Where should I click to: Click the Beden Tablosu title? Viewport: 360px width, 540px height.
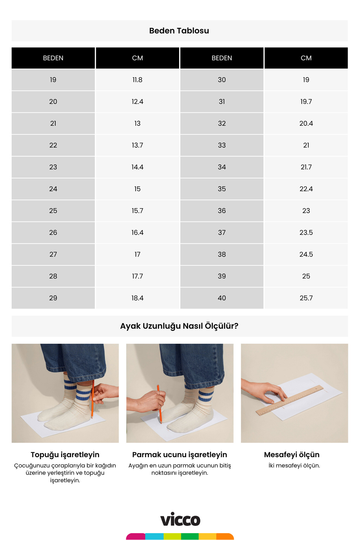click(x=179, y=31)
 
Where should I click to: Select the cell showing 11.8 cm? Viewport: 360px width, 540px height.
click(x=137, y=80)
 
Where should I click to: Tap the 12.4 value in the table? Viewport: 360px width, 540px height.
click(x=137, y=102)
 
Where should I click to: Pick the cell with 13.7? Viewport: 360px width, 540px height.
click(x=137, y=145)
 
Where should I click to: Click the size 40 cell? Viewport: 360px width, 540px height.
click(x=222, y=298)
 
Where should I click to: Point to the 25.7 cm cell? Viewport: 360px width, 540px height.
click(x=306, y=298)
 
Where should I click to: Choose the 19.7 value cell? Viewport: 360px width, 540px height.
click(x=306, y=102)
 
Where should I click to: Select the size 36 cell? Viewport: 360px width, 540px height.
click(x=222, y=211)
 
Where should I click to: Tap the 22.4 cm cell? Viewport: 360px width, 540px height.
click(x=306, y=189)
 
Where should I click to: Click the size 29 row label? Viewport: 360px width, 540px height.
click(x=53, y=298)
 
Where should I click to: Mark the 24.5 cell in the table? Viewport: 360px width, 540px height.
click(x=306, y=254)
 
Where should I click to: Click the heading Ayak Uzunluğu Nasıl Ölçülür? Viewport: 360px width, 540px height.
click(x=179, y=326)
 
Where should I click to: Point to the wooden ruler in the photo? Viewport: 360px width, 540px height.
click(x=289, y=400)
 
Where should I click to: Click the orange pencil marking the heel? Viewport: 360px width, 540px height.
click(x=92, y=399)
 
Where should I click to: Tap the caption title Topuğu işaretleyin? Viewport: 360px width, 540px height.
click(x=65, y=454)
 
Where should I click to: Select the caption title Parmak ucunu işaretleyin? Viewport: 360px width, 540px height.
click(x=179, y=454)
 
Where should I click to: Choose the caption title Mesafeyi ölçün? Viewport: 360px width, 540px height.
click(x=292, y=454)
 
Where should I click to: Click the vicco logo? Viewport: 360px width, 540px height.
click(x=180, y=520)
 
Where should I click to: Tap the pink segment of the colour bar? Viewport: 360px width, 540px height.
click(x=136, y=536)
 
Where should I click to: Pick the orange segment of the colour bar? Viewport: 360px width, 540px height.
click(x=225, y=536)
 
